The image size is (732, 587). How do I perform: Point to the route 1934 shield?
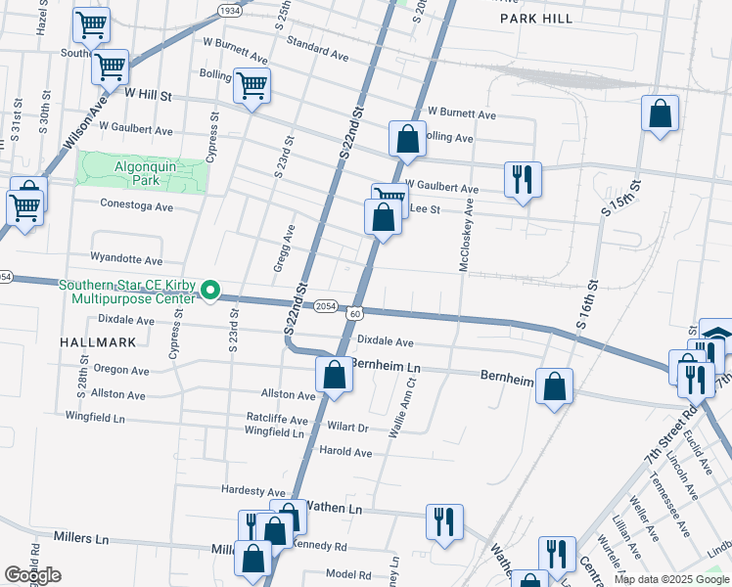(229, 10)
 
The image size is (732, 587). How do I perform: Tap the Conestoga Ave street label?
(136, 206)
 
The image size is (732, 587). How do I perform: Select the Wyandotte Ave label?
(126, 261)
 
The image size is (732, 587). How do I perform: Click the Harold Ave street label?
(345, 453)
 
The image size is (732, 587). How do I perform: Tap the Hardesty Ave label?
(252, 491)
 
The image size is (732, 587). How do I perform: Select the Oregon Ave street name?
(120, 371)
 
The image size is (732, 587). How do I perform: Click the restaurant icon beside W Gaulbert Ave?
(522, 178)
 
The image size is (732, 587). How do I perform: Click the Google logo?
(32, 575)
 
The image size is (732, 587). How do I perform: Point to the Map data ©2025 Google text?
(670, 579)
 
